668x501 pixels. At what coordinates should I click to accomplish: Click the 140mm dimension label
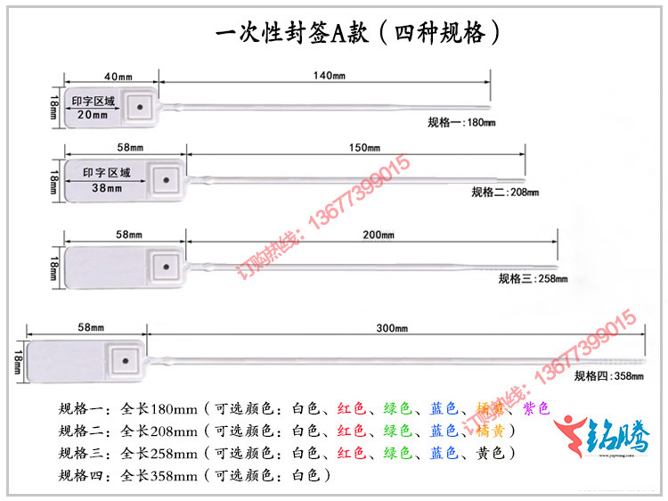329,76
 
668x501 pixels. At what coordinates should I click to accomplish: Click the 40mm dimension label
118,76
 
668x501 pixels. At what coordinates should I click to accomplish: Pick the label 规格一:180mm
460,121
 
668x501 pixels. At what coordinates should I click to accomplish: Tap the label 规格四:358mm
609,376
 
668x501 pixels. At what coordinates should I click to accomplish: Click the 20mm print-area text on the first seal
93,115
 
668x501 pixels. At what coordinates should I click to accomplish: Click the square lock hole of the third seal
164,265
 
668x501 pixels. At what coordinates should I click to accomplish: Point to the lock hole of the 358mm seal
125,362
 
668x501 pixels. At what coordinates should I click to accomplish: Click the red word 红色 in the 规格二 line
352,431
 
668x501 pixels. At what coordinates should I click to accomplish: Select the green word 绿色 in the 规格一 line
397,409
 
